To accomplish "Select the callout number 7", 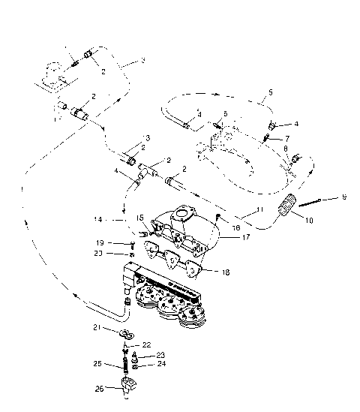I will point(286,139).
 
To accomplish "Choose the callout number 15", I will point(140,218).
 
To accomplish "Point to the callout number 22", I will point(148,344).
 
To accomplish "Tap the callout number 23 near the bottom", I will point(160,356).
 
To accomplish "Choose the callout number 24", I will point(160,365).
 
